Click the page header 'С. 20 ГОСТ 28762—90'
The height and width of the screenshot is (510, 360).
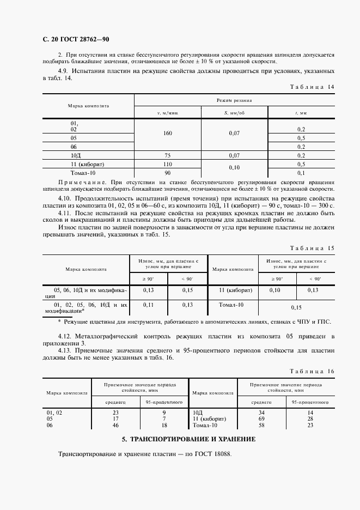(71, 39)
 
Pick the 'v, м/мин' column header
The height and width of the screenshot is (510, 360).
(168, 113)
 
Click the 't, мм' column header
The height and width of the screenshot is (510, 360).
(301, 113)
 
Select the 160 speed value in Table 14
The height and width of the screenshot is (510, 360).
(168, 132)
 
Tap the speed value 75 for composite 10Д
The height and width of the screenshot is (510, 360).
(168, 155)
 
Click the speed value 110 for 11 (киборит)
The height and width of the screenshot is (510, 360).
(168, 163)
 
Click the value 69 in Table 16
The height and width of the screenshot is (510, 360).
(261, 418)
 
